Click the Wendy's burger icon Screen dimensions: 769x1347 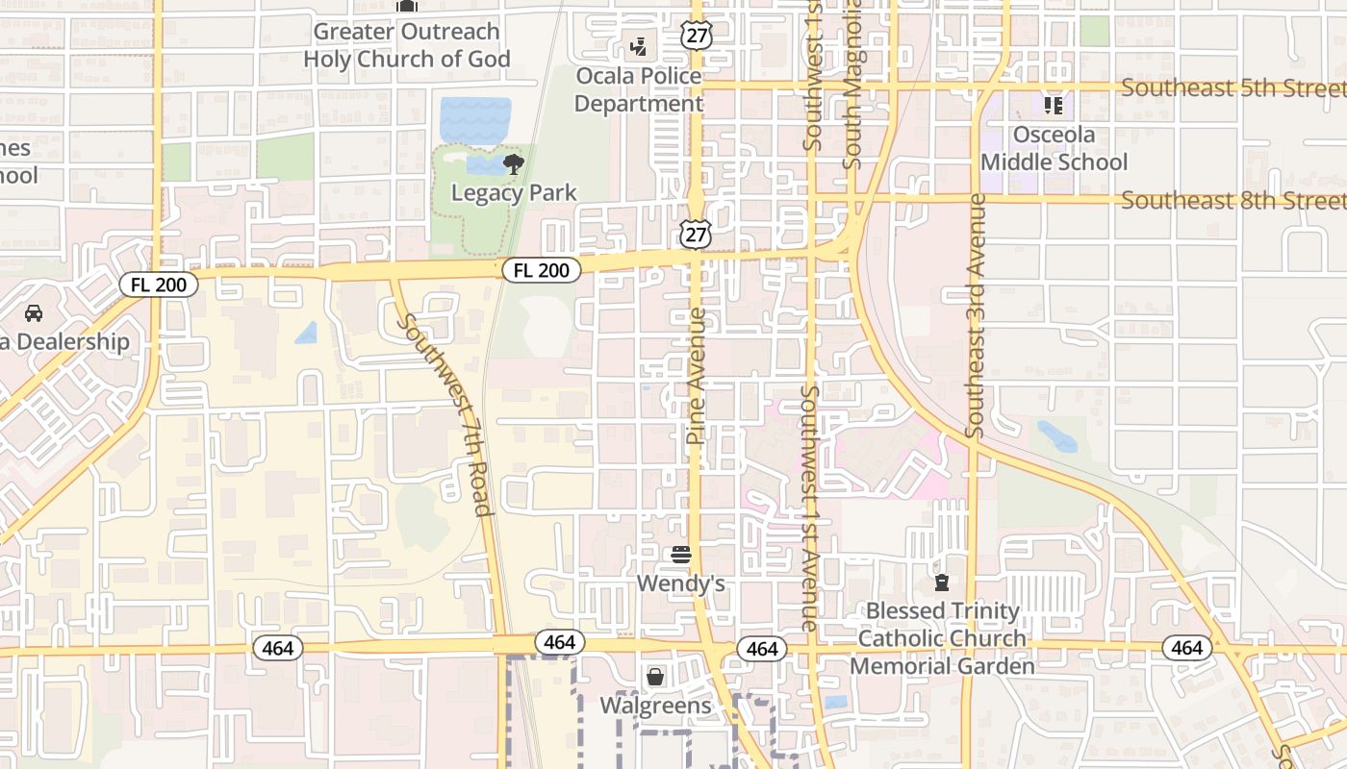[x=681, y=555]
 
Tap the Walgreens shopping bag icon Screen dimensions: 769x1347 [x=655, y=677]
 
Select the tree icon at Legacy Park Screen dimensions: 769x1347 [x=513, y=164]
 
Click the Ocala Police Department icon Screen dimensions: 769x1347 [x=638, y=45]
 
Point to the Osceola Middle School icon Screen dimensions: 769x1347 [x=1054, y=105]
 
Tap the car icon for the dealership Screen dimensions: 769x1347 [x=34, y=313]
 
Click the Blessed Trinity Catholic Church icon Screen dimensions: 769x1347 [x=942, y=582]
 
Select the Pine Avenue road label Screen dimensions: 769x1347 [x=697, y=376]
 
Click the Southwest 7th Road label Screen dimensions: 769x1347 [x=447, y=413]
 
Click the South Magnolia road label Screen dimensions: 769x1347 [x=851, y=85]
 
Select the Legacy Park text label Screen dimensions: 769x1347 [x=514, y=193]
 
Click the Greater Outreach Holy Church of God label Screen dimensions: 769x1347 [x=407, y=45]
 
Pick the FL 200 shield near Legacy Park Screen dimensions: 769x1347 [x=542, y=271]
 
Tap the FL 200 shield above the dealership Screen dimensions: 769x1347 [x=159, y=285]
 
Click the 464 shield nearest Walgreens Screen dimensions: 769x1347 [x=559, y=642]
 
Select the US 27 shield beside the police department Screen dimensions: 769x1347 [x=695, y=35]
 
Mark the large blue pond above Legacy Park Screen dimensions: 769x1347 [x=475, y=119]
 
